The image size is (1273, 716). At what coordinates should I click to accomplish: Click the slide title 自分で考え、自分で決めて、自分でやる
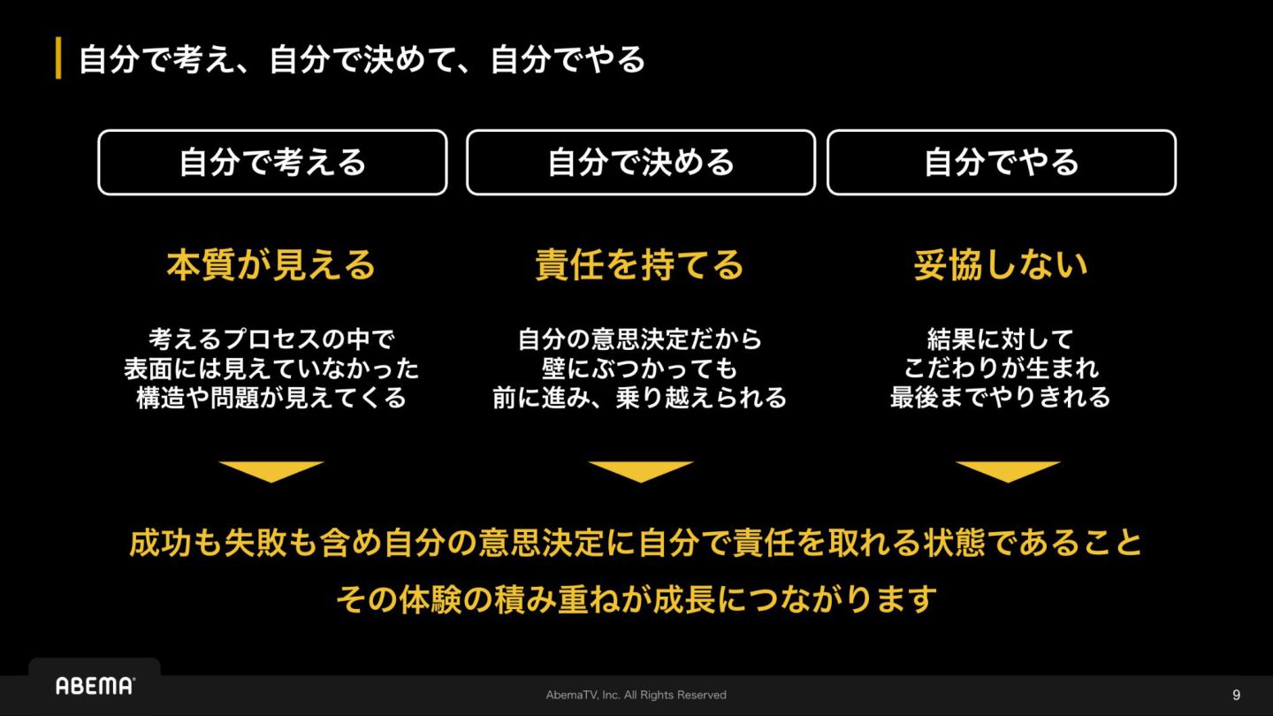tap(362, 60)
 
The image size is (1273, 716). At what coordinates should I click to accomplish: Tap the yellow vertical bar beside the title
tap(58, 59)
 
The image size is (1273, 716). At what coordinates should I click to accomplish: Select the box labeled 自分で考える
tap(272, 163)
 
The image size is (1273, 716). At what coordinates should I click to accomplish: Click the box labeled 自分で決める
tap(641, 163)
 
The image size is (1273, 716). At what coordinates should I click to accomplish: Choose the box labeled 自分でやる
tap(1002, 163)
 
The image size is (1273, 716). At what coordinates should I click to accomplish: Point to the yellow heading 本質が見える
tap(271, 265)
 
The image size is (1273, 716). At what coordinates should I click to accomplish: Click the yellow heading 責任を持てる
tap(640, 265)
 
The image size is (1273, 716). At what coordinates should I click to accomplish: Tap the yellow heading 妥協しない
tap(1001, 265)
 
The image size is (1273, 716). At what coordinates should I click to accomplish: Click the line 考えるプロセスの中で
tap(271, 339)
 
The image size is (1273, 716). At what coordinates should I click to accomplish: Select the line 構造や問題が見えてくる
tap(271, 398)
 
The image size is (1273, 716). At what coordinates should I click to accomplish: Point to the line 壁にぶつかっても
tap(640, 368)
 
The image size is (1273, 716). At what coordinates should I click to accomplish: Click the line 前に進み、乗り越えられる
tap(640, 398)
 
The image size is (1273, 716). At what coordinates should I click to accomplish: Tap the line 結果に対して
tap(1001, 339)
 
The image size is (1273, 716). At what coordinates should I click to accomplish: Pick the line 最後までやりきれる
tap(1001, 398)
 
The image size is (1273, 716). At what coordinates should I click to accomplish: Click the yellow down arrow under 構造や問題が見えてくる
tap(271, 471)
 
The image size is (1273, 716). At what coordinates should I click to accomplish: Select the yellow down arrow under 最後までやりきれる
tap(1008, 471)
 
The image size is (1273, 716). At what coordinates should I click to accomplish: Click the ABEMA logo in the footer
tap(95, 686)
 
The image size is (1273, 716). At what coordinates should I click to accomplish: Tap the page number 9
tap(1236, 695)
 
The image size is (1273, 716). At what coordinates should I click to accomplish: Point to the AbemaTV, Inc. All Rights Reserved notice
tap(636, 695)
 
